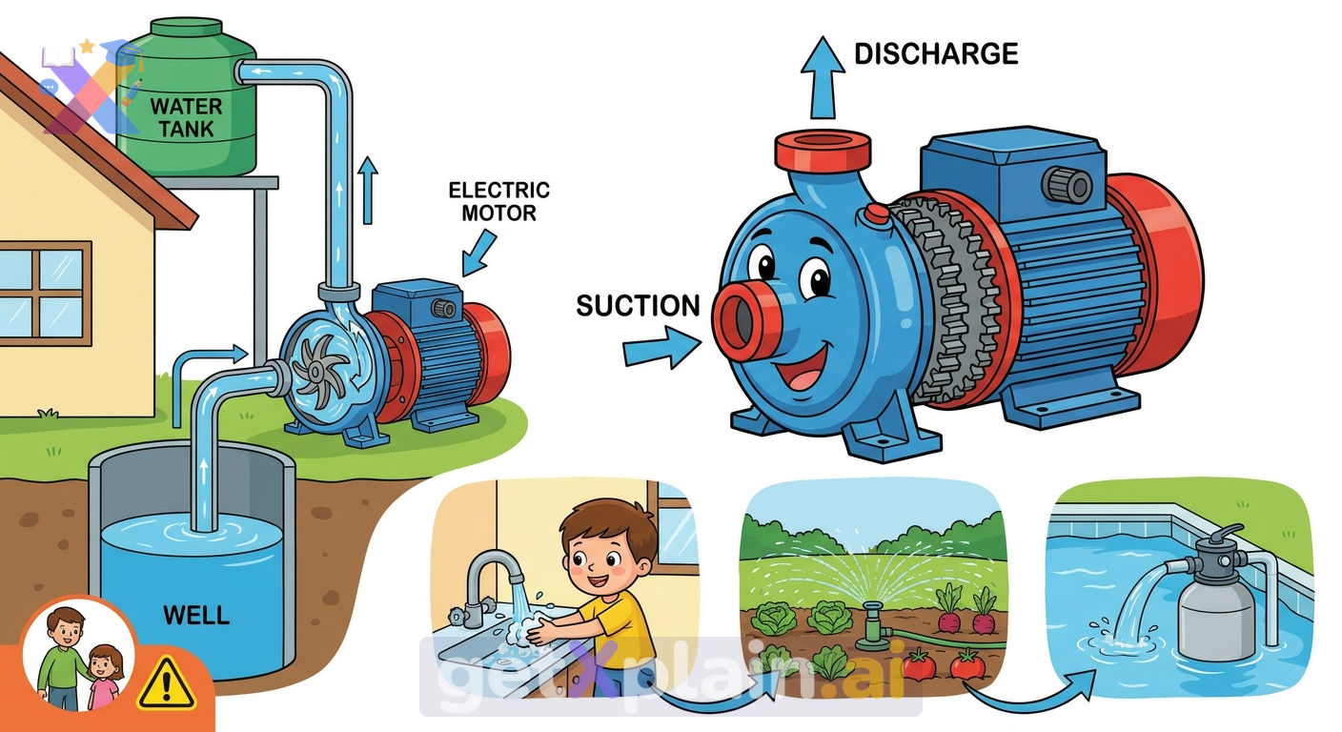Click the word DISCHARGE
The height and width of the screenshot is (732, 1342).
point(936,54)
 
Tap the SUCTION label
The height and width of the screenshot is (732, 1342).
point(638,306)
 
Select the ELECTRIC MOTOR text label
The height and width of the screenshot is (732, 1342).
point(499,201)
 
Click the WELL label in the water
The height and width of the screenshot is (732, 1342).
point(196,615)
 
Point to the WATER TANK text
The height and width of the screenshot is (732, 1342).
point(186,117)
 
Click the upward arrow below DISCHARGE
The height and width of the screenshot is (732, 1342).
point(823,77)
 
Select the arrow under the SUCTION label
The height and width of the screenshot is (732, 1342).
point(662,348)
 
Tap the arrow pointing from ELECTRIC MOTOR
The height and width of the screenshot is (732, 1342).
point(478,254)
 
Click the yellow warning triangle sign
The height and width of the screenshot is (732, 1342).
point(167,683)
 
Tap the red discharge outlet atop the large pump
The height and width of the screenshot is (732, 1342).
point(822,151)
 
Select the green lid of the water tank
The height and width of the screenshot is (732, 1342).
point(186,28)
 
